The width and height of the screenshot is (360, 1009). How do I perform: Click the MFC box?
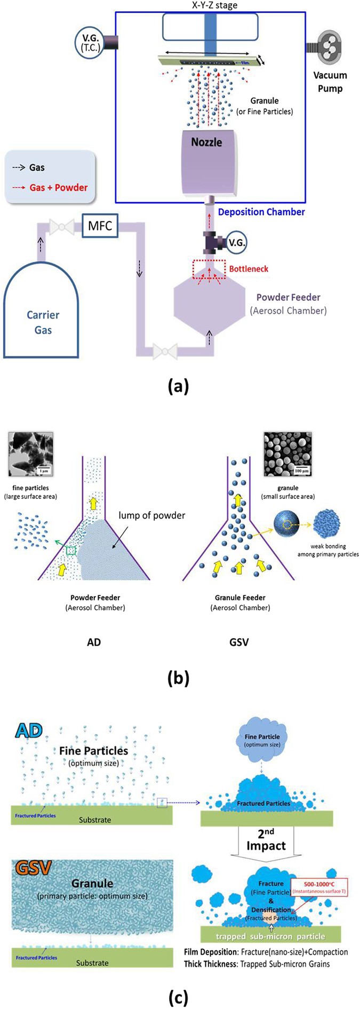(100, 226)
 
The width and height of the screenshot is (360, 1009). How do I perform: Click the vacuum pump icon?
(330, 47)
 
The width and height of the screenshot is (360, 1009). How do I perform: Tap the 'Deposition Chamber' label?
(261, 212)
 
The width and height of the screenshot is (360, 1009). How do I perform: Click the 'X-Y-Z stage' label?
(214, 5)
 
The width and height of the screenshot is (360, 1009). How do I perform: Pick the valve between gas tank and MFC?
(62, 226)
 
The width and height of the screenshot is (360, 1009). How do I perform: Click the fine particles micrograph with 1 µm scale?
(31, 454)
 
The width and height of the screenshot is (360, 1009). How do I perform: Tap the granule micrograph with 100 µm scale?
(287, 454)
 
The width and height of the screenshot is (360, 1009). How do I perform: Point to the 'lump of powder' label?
(151, 515)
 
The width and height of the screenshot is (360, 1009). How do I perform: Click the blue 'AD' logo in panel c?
(29, 730)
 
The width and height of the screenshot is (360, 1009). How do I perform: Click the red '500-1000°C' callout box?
(319, 887)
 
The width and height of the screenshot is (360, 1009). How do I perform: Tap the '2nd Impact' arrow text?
(266, 840)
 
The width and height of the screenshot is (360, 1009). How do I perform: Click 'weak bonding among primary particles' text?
(328, 550)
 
